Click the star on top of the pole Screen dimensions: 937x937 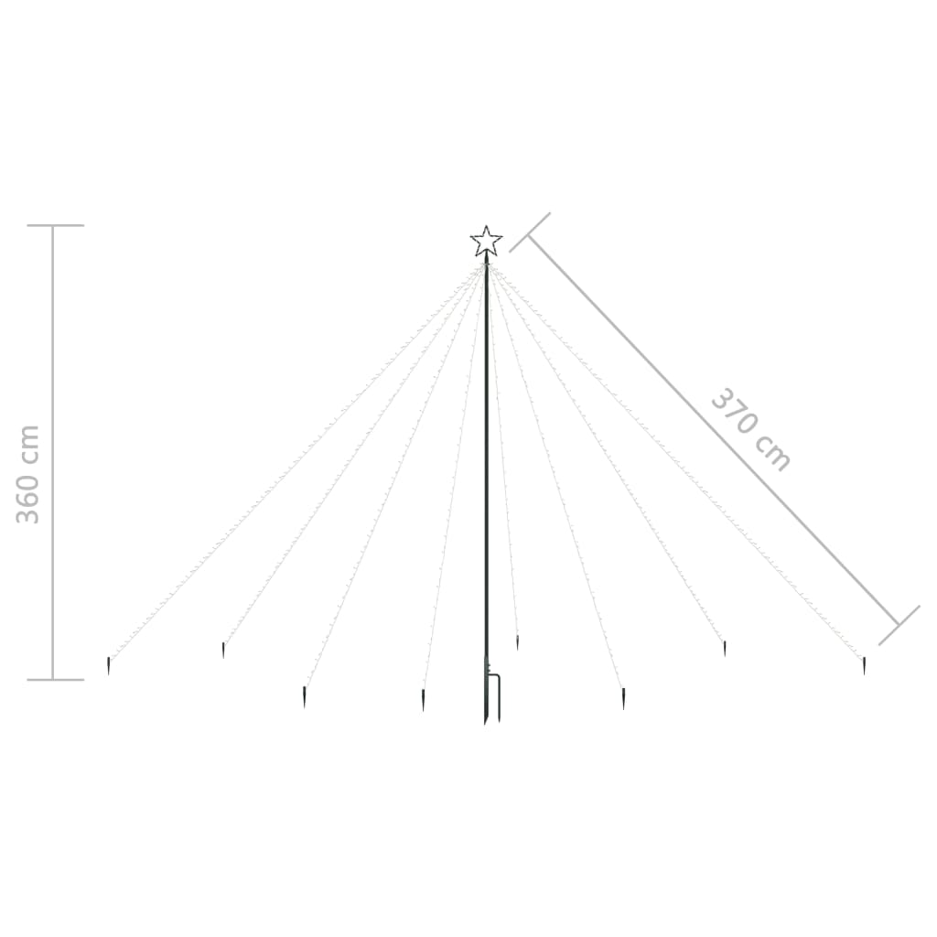(x=486, y=241)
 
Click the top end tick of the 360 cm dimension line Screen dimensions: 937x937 (x=56, y=225)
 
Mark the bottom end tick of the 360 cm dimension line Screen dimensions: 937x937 (x=56, y=680)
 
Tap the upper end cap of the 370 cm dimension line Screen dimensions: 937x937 (x=530, y=232)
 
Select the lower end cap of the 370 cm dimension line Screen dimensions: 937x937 (x=899, y=625)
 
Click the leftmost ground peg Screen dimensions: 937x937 (x=108, y=666)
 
